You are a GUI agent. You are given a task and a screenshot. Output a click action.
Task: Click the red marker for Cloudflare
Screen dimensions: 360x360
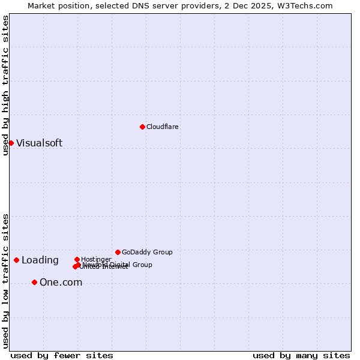pos(142,127)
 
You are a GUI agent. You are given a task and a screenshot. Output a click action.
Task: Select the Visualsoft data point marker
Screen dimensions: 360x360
pos(11,143)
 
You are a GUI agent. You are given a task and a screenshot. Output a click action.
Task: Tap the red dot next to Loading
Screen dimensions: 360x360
pos(16,260)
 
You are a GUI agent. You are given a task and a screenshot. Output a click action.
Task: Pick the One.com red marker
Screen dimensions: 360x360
pos(34,282)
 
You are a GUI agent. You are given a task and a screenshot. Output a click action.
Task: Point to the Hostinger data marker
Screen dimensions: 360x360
pos(77,259)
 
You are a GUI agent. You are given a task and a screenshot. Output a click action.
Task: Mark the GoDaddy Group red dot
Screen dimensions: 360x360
pos(118,252)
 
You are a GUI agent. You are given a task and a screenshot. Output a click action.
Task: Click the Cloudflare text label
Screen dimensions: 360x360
pos(162,127)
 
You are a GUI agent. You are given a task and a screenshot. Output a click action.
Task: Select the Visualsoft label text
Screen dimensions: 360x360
pos(39,143)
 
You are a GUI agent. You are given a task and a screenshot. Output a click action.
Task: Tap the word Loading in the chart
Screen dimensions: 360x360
pos(40,260)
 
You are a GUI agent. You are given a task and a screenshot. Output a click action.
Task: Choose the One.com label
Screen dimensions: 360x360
pos(61,282)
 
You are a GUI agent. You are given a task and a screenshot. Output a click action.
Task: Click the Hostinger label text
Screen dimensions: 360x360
pos(96,259)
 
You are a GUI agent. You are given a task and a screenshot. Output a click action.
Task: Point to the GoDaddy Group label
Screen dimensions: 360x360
pos(147,252)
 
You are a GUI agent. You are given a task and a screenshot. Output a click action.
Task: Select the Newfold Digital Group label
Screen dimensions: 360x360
pos(118,265)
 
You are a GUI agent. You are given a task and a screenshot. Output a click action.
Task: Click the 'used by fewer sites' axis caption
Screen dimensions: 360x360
pos(62,355)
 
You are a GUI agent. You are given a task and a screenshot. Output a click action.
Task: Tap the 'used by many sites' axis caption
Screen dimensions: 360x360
pos(301,355)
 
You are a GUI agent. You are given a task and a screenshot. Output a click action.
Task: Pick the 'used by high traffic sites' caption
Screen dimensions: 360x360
pos(5,86)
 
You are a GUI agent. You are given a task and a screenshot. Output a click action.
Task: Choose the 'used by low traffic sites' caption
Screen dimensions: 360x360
pos(5,280)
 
